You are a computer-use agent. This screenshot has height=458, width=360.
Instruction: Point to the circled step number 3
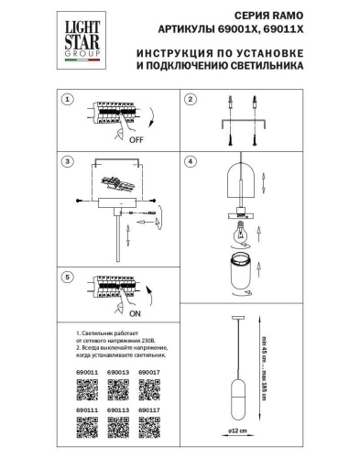67,162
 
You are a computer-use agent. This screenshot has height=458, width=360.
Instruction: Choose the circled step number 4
190,162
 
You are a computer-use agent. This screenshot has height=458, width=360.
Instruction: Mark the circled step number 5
67,275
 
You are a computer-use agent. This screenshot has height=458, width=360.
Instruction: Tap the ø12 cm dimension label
235,429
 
